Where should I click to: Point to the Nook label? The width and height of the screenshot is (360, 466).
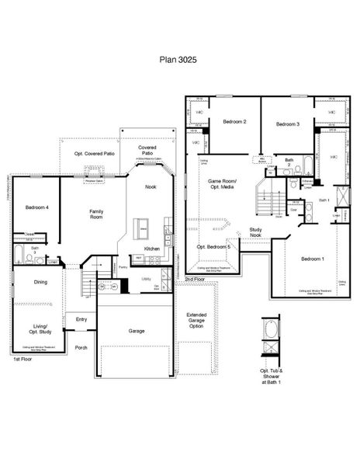[x=151, y=186]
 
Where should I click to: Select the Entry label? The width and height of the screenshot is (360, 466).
[x=81, y=318]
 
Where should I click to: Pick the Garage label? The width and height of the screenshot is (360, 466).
[x=136, y=330]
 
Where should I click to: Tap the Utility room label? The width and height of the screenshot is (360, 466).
[x=146, y=279]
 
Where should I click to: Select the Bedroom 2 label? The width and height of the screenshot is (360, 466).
[x=234, y=122]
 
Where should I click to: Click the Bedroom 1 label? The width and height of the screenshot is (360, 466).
[x=312, y=258]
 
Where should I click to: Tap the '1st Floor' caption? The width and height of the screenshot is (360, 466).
[x=21, y=360]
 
